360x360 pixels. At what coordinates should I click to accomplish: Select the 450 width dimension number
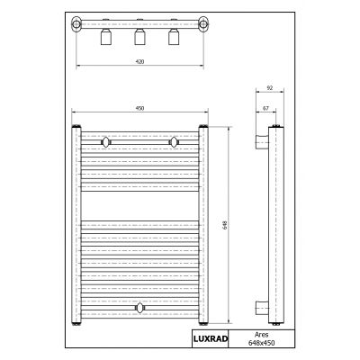(x=139, y=109)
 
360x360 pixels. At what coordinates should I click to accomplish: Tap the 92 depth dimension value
(x=270, y=88)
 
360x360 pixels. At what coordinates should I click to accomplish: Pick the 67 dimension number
(x=265, y=108)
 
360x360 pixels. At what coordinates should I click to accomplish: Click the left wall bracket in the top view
(x=105, y=37)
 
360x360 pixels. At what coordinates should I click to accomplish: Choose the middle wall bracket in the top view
(x=139, y=37)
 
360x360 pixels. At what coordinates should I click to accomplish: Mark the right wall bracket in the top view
(x=174, y=37)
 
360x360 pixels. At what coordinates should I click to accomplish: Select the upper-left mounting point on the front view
(x=106, y=141)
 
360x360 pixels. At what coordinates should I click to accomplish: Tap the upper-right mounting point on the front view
(x=174, y=141)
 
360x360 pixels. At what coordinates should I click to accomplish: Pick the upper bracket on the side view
(x=261, y=141)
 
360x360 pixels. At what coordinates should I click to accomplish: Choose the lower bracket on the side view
(x=261, y=309)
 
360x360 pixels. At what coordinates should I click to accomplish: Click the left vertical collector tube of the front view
(x=76, y=225)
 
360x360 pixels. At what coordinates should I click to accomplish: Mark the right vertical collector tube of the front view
(x=204, y=225)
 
